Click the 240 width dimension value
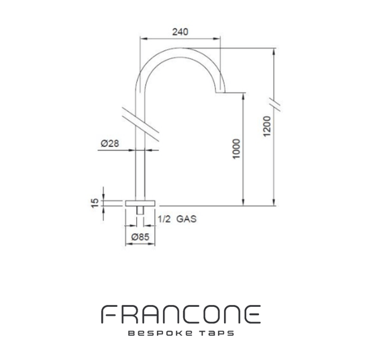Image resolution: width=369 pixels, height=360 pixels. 180,32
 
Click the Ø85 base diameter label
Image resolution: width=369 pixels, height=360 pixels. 140,237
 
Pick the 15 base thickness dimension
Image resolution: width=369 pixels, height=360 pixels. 95,201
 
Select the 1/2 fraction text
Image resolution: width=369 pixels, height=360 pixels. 164,219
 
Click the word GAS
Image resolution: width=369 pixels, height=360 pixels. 187,219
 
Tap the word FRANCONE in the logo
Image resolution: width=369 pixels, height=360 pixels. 180,314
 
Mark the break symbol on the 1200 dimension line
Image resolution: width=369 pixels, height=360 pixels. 274,102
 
